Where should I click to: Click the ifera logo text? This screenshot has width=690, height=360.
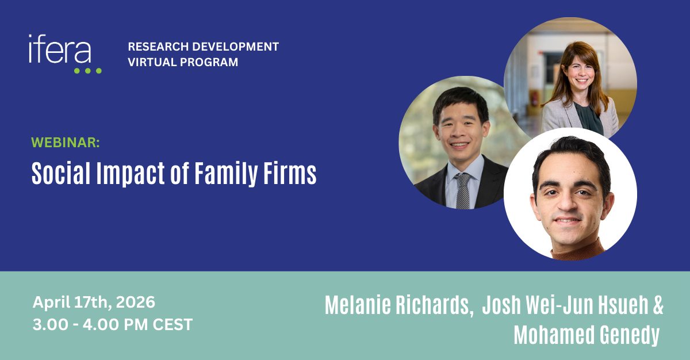point(60,49)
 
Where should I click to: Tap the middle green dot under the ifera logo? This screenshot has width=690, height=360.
point(88,71)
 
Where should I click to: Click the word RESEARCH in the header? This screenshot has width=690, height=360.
point(158,47)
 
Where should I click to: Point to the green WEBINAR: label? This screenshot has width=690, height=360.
point(66,143)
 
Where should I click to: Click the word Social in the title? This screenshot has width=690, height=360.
point(62,173)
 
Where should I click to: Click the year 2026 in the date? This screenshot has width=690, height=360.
point(136,302)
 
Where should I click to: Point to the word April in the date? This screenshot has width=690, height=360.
point(51,302)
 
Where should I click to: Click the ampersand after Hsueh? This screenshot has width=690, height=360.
point(658,305)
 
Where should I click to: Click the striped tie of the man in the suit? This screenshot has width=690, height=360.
point(463,191)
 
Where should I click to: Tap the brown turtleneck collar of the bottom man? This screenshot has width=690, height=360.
point(577,250)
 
